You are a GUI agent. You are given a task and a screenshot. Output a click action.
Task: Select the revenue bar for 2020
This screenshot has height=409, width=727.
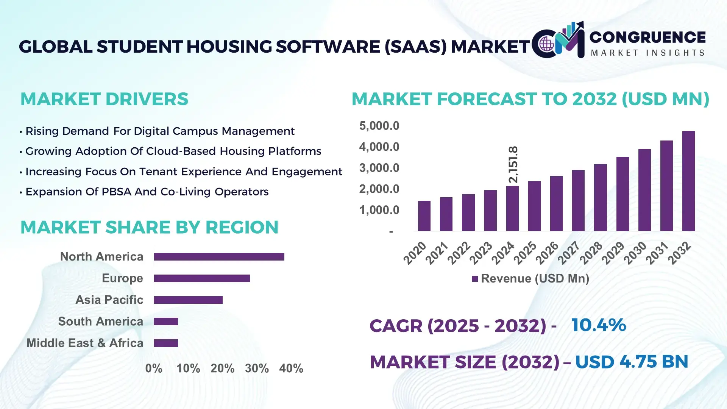click(424, 216)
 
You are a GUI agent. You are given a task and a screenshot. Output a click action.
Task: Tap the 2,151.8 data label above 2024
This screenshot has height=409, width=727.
click(513, 165)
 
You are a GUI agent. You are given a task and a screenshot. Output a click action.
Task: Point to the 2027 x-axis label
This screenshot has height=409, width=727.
click(569, 253)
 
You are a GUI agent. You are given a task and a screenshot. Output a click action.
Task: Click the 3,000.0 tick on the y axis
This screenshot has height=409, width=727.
click(379, 168)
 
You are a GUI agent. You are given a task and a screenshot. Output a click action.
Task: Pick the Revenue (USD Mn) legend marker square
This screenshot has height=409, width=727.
click(475, 279)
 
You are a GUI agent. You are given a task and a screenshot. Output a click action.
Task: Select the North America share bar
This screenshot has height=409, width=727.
click(219, 257)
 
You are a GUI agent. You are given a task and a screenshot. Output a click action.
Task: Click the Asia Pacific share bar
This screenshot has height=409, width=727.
click(188, 300)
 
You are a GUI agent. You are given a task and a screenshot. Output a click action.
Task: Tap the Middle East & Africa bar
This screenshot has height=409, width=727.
click(166, 343)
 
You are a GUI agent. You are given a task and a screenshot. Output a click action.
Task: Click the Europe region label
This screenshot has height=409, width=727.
click(122, 278)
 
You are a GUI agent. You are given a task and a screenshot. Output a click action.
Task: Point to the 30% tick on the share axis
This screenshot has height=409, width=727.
click(257, 368)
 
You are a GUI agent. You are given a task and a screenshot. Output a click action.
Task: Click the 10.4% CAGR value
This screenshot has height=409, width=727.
click(598, 325)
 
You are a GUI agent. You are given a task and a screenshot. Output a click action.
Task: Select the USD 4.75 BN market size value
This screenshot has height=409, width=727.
click(631, 362)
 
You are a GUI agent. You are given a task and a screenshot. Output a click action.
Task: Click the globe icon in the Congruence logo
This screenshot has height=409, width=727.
click(547, 44)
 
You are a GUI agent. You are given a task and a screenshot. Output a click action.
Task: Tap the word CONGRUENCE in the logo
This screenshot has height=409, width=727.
click(647, 37)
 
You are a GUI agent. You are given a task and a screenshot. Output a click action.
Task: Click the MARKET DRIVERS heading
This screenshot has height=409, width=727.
click(104, 99)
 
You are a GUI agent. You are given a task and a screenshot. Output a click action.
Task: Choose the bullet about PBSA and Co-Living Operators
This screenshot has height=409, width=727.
click(147, 192)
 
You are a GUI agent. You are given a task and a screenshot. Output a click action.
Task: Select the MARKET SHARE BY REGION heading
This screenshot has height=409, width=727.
click(149, 227)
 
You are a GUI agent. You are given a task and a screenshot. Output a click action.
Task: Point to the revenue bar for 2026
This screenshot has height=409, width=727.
click(556, 203)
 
